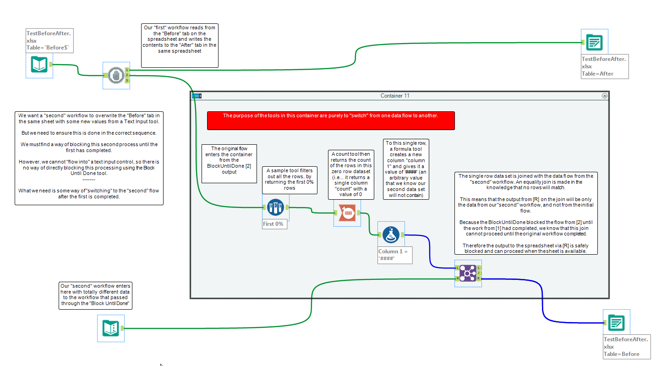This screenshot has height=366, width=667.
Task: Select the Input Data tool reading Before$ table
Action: (39, 65)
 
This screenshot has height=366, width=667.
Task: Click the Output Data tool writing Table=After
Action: (594, 43)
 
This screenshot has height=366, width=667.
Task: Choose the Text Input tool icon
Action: (111, 328)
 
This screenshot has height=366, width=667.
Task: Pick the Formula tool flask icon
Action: (391, 235)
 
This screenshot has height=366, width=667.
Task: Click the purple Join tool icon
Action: (468, 273)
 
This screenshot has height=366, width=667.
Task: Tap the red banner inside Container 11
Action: (331, 120)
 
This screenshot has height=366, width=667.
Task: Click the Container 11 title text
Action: (395, 96)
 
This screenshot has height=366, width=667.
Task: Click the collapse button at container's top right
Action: (604, 96)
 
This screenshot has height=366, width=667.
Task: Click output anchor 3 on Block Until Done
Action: (127, 81)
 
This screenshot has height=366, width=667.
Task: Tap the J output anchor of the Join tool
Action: (479, 273)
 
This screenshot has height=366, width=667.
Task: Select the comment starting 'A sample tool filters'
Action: (290, 180)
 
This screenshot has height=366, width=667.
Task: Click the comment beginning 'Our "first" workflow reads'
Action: (179, 45)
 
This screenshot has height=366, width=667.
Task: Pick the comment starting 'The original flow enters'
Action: (229, 164)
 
